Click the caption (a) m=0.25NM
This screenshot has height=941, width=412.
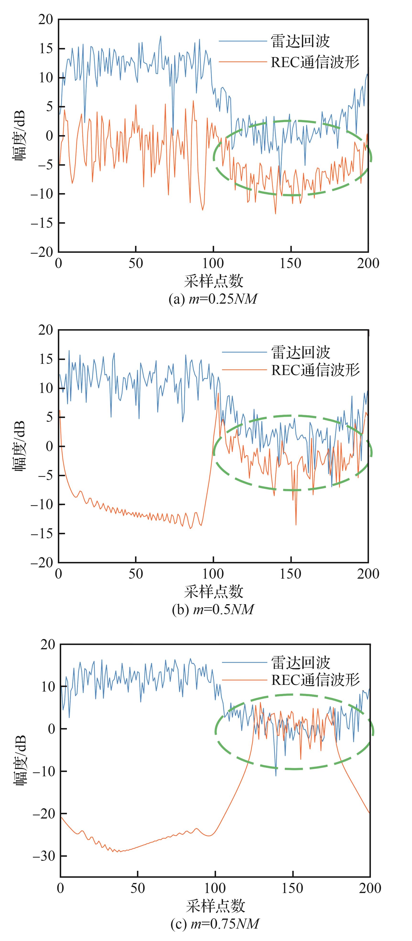click(x=213, y=299)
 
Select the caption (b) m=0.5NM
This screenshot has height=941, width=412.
click(x=213, y=610)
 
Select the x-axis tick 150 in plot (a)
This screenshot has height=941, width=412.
click(x=290, y=263)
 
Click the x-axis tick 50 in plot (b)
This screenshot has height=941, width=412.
click(x=136, y=574)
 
